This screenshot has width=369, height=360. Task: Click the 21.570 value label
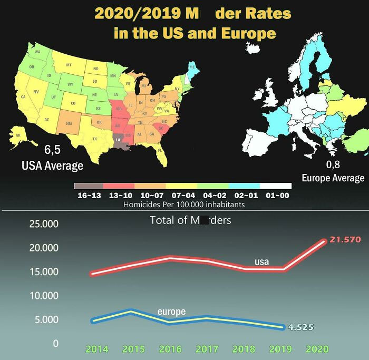(x=345, y=240)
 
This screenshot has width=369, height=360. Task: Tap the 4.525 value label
(x=300, y=327)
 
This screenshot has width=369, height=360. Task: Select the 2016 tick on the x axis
(x=170, y=349)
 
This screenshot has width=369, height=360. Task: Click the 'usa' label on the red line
(x=262, y=261)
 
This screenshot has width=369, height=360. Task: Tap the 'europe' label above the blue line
(x=171, y=312)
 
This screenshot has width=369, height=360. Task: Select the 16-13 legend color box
(x=89, y=186)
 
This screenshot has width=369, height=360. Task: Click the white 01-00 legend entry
(x=275, y=186)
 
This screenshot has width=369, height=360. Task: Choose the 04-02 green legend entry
(x=213, y=186)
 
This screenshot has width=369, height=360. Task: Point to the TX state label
(x=95, y=139)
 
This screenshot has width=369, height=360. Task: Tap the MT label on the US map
(x=69, y=64)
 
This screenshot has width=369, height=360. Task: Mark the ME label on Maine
(x=191, y=67)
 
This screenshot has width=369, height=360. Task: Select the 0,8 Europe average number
(x=333, y=164)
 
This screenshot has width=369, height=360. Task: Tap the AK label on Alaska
(x=18, y=135)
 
